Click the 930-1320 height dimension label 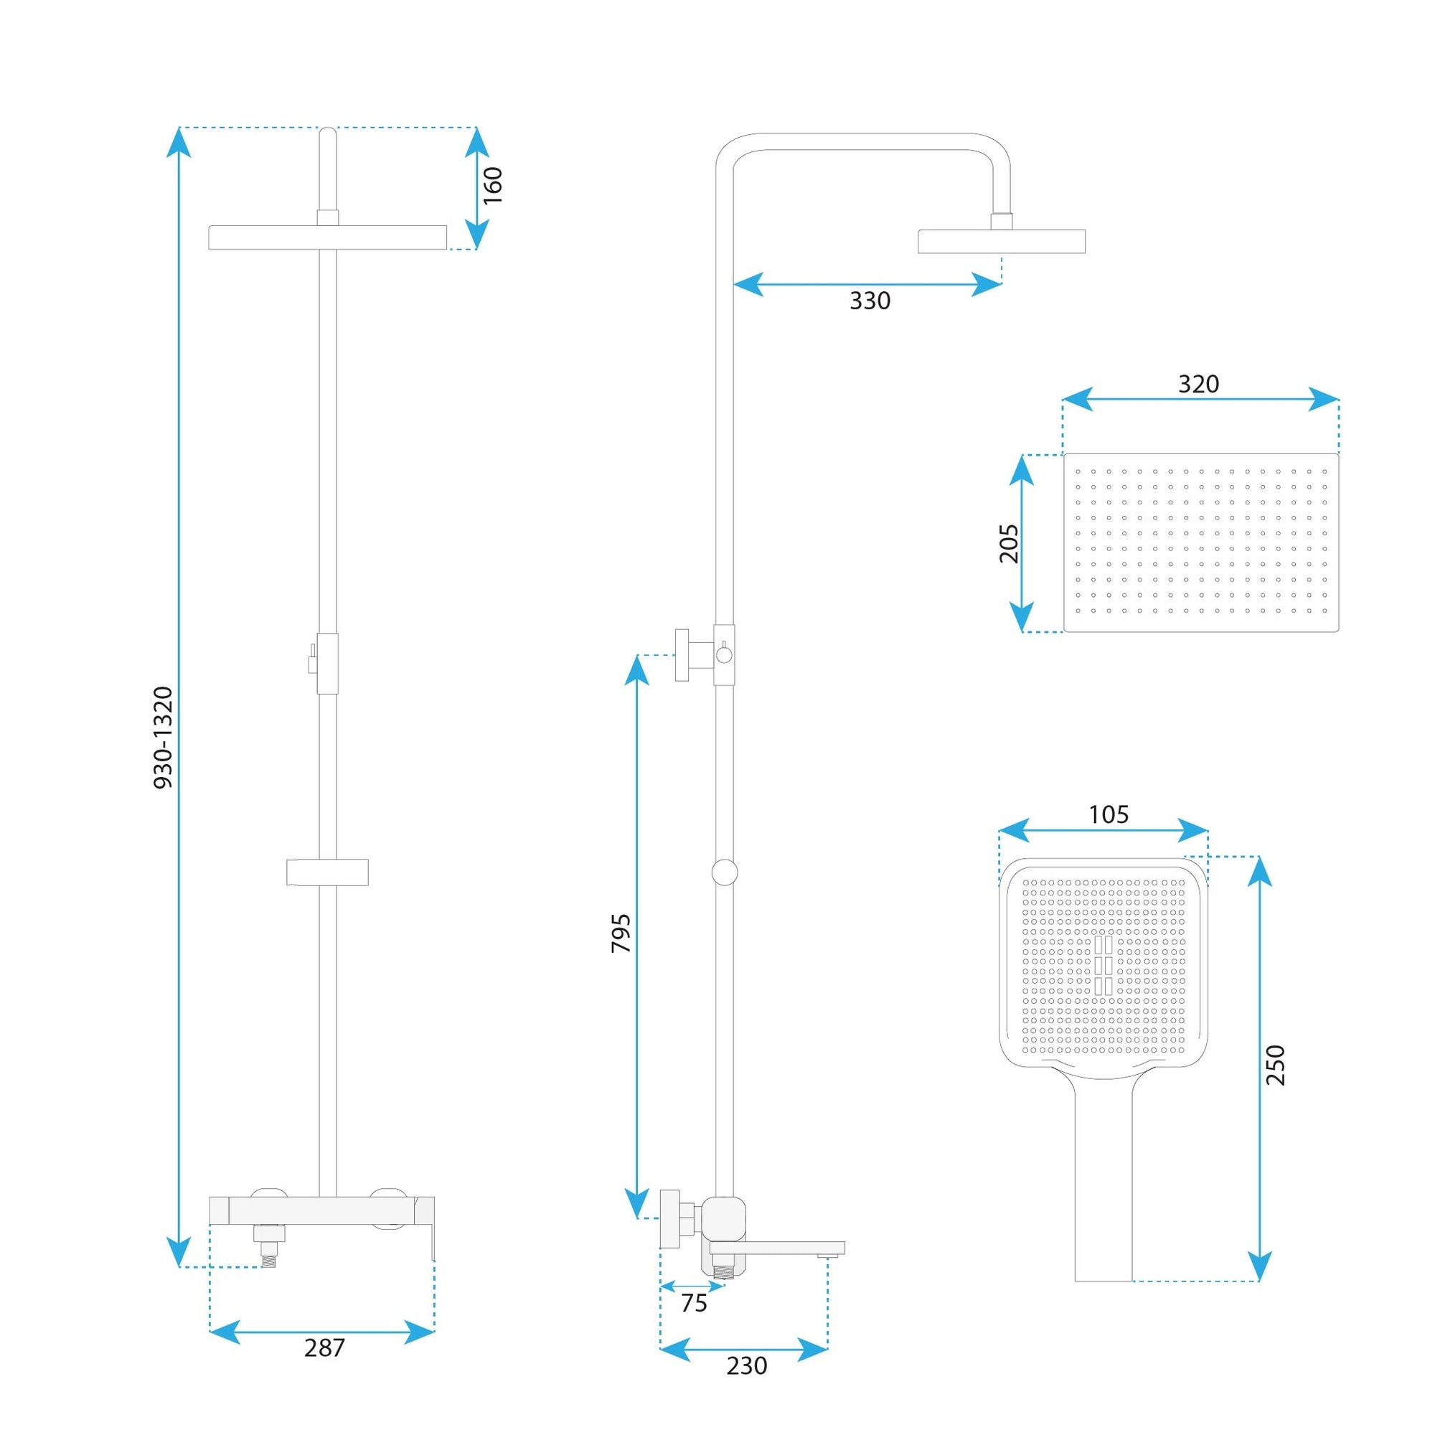click(163, 738)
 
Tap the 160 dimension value click(492, 186)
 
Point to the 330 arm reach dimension click(870, 301)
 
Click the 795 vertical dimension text click(620, 933)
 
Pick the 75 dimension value click(694, 1304)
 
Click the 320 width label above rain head click(1199, 384)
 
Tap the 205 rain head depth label click(1008, 544)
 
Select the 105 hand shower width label click(1109, 815)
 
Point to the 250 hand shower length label click(1275, 1065)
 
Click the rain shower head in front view click(328, 237)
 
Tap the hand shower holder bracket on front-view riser click(328, 872)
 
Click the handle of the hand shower click(1103, 1181)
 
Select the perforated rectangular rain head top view click(1201, 543)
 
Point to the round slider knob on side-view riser click(724, 872)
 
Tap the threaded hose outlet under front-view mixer click(268, 1254)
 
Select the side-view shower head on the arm click(1001, 241)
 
